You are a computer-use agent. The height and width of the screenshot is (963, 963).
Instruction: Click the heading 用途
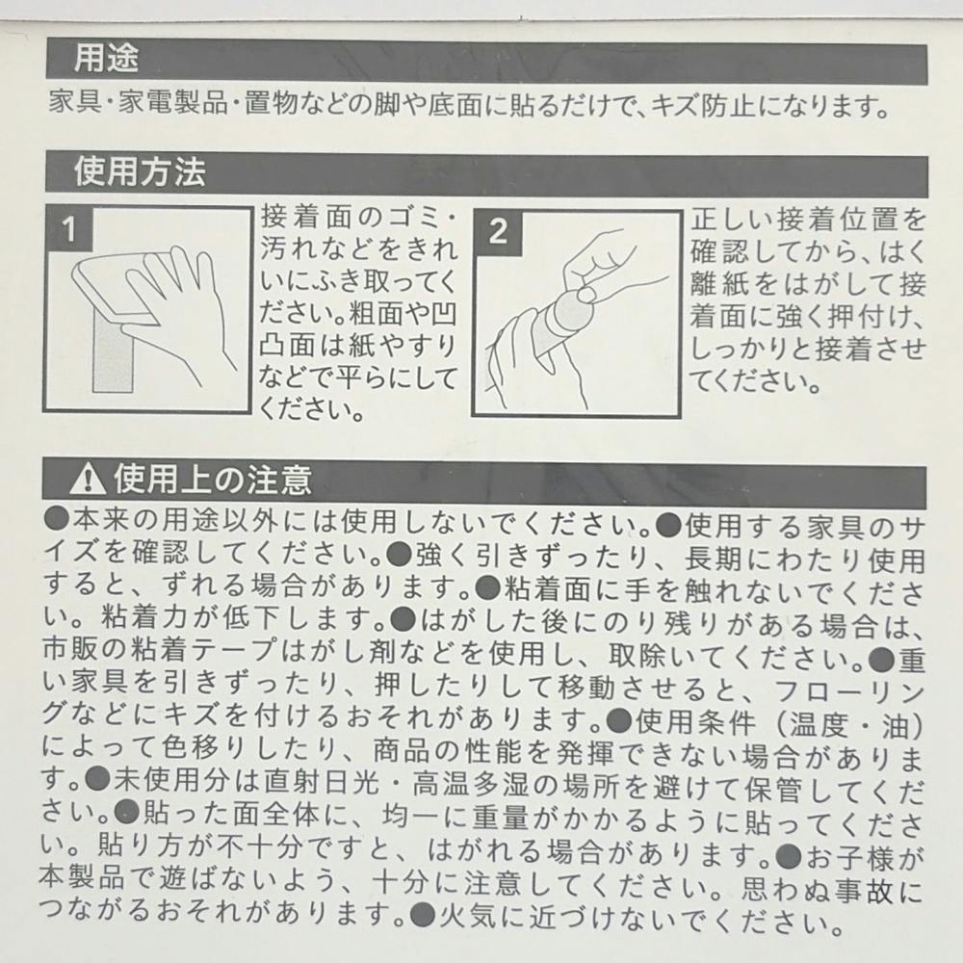click(106, 60)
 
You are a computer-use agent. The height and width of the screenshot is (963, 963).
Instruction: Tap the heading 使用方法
click(140, 172)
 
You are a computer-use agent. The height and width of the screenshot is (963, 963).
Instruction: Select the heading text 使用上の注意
click(213, 480)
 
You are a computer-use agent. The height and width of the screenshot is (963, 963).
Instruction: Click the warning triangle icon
click(88, 479)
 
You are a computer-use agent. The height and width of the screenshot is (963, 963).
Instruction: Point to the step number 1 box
click(68, 228)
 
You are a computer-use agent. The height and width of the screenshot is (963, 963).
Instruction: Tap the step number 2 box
click(498, 233)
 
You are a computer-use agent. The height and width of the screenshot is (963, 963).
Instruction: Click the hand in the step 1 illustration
click(173, 307)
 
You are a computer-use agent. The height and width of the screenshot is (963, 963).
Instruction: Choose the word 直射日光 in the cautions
click(322, 782)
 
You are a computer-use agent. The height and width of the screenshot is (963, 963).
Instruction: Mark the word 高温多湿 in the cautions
click(470, 785)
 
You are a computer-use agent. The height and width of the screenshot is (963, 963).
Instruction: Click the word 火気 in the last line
click(469, 916)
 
